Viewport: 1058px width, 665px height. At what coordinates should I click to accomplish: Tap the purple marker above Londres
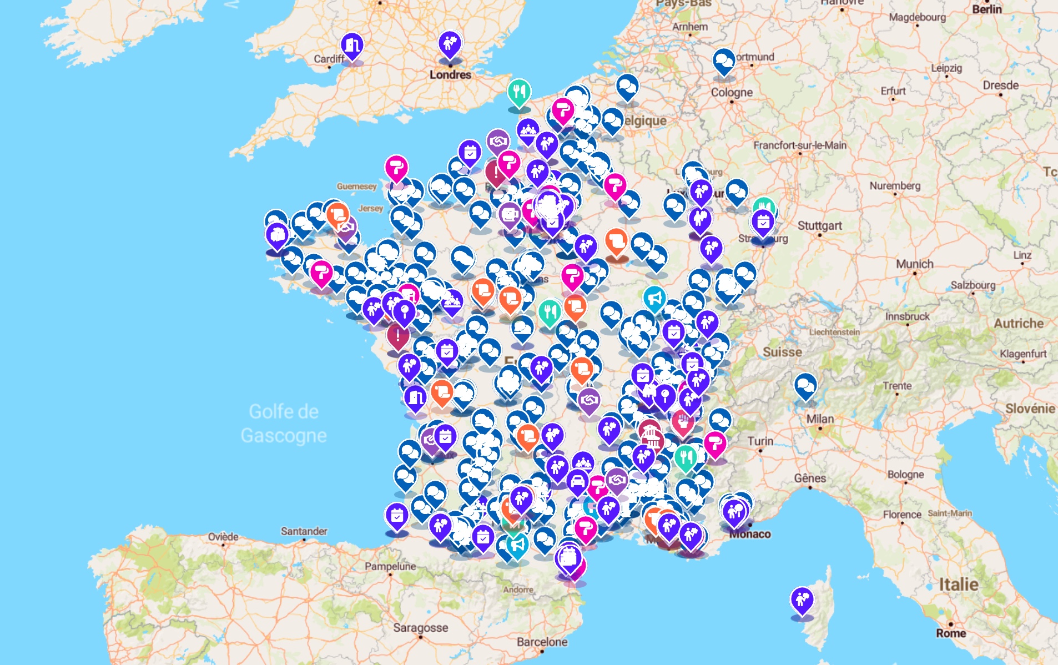point(450,43)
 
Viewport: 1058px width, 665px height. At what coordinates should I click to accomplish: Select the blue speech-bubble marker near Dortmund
point(723,61)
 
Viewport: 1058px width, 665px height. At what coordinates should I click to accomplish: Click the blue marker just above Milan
point(805,385)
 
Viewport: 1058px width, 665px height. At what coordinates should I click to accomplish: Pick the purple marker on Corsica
point(802,600)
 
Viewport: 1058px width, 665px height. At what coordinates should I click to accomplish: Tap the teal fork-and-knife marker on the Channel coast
point(519,92)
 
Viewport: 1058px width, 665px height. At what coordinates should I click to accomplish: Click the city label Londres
point(450,74)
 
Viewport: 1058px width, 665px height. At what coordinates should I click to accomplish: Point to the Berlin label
point(986,9)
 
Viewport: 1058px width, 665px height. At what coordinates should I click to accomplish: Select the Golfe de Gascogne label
point(284,424)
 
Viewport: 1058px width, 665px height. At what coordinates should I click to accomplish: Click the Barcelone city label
point(542,642)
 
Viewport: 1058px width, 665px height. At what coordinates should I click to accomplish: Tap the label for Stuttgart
point(819,225)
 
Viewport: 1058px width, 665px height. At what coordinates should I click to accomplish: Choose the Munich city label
point(914,264)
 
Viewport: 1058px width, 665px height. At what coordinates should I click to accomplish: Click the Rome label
point(951,633)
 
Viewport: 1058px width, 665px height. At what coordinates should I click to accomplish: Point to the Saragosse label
point(420,628)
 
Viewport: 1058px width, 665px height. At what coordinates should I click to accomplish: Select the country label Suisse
point(782,352)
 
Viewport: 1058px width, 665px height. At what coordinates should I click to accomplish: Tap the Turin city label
point(760,441)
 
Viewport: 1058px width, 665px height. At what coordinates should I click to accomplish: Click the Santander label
point(304,531)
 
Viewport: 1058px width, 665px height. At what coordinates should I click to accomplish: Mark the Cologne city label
point(732,92)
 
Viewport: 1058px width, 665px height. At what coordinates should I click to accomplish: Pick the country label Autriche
point(1018,323)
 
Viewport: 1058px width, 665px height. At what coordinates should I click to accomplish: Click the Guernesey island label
point(356,186)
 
